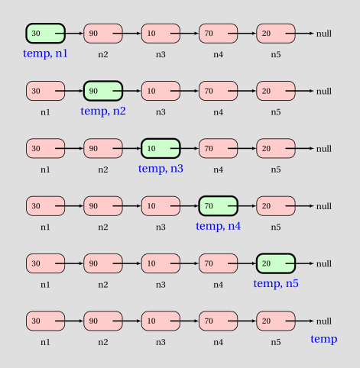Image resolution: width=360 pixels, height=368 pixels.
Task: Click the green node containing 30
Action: tap(46, 34)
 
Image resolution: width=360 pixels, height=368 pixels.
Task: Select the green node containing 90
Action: tap(103, 91)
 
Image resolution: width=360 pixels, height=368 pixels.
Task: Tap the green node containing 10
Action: tap(161, 148)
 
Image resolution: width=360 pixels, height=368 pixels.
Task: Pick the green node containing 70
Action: tap(219, 206)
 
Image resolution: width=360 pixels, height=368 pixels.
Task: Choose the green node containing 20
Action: tap(276, 263)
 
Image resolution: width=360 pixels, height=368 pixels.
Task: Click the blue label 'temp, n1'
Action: tap(45, 53)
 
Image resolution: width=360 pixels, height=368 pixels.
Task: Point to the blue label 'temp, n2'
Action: tap(103, 111)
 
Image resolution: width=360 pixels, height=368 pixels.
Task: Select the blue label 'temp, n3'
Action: tap(161, 169)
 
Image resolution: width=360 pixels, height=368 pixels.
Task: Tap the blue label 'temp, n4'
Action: tap(219, 226)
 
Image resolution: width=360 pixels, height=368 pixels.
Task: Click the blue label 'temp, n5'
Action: tap(276, 283)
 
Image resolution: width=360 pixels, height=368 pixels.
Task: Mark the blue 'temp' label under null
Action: tap(324, 339)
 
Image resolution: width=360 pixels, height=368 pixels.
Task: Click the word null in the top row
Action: tap(324, 34)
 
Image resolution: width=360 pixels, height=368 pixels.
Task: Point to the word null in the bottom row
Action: tap(324, 321)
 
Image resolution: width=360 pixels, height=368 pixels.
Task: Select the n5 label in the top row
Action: tap(276, 54)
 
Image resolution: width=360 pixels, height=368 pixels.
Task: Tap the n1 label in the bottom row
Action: tap(46, 342)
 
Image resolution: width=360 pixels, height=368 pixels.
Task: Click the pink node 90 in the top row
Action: tap(103, 34)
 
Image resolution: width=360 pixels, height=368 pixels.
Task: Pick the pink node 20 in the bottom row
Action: tap(276, 321)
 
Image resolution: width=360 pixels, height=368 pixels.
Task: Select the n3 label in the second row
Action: tap(161, 112)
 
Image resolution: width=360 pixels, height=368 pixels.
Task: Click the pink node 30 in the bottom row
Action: tap(46, 321)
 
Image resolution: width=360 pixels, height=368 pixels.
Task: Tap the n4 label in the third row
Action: tap(219, 169)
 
